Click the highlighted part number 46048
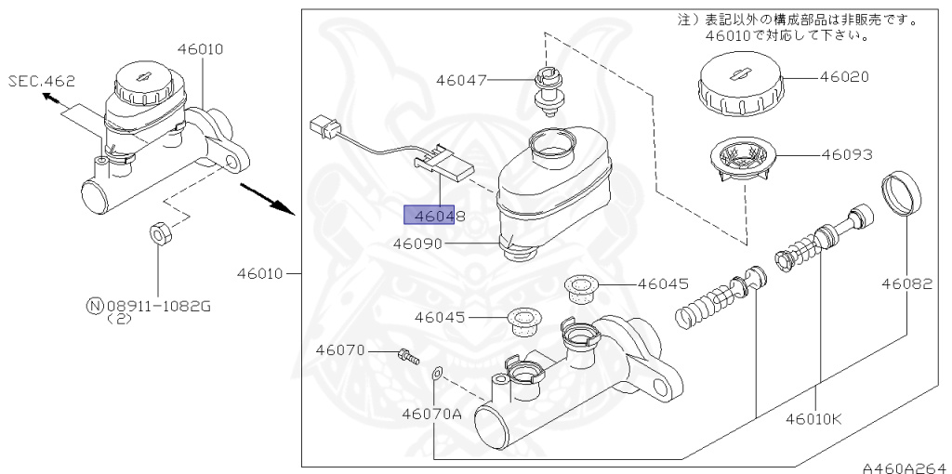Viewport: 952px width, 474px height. coord(433,216)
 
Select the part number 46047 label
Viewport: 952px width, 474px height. coord(460,81)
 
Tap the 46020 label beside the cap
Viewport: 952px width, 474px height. coord(844,77)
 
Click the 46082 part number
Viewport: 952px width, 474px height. coord(906,283)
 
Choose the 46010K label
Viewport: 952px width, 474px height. coord(813,418)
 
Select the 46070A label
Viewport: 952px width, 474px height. coord(431,413)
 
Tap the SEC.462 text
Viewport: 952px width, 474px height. coord(42,81)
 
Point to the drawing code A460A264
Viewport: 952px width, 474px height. coord(902,467)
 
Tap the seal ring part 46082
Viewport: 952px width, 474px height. coord(901,193)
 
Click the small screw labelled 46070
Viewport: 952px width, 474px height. coord(407,354)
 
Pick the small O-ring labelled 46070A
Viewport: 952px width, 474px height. coord(436,375)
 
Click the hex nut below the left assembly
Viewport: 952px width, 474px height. coord(158,232)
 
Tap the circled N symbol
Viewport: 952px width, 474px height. coord(93,305)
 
